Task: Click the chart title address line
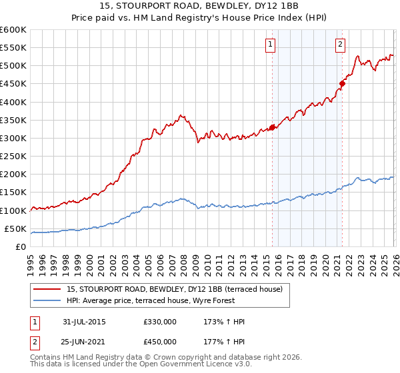tap(200, 5)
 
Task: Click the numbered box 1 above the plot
tap(271, 45)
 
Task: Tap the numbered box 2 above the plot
tap(340, 45)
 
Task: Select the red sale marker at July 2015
tap(272, 127)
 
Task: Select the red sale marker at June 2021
tap(342, 84)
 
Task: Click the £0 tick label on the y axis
tap(21, 246)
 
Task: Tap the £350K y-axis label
tap(13, 121)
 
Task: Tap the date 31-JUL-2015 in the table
tap(83, 322)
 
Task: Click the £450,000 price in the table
tap(159, 342)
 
